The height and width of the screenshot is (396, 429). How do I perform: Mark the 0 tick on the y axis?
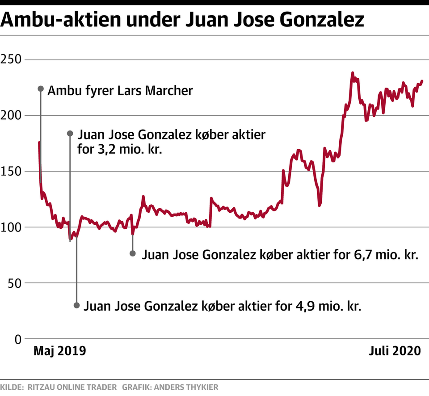[18, 339]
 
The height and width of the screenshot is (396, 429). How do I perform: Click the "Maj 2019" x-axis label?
[59, 351]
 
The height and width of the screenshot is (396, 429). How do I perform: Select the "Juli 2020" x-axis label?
[395, 351]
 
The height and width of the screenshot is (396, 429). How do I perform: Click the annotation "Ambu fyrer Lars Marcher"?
[120, 91]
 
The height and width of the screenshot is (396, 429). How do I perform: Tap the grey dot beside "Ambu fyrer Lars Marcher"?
[40, 88]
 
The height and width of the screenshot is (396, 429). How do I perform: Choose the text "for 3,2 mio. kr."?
[119, 149]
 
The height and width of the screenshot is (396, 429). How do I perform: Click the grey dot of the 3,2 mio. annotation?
[70, 133]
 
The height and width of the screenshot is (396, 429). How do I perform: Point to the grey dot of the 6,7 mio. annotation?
[132, 253]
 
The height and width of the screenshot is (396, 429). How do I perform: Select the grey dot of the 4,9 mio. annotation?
[76, 305]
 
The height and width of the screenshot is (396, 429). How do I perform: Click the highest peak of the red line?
[352, 73]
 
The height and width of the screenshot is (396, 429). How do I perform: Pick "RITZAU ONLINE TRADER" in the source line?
[72, 387]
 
